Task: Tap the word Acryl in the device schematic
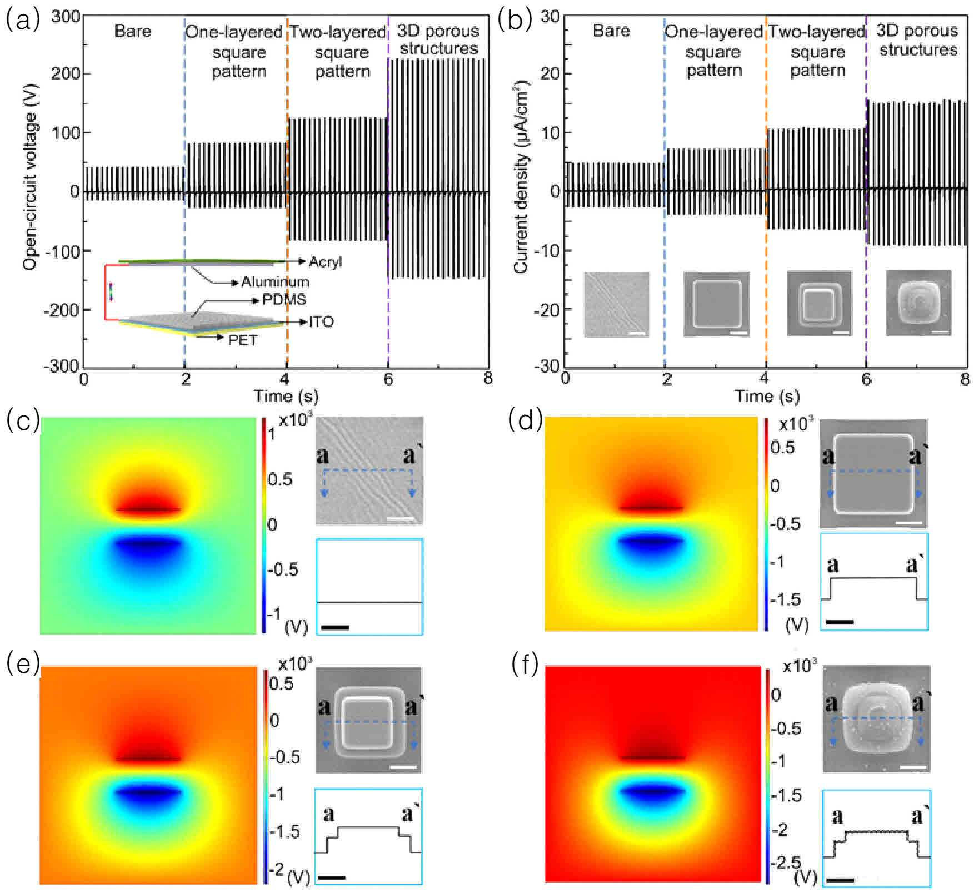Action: (x=326, y=261)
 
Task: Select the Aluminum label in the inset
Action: (x=275, y=282)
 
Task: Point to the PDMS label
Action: (x=284, y=300)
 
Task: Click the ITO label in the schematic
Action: (x=321, y=321)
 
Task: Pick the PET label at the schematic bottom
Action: (x=243, y=340)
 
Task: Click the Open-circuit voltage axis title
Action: (x=30, y=191)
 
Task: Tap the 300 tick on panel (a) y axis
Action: (x=66, y=16)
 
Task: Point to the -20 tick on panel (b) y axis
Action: (x=546, y=309)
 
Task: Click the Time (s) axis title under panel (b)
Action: (x=767, y=396)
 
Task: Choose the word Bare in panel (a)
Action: (x=133, y=31)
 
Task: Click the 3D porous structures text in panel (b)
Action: (x=917, y=40)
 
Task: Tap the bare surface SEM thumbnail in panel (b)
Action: (x=616, y=304)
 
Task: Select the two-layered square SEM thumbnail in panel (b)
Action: (x=819, y=304)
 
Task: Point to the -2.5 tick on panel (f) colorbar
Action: (x=786, y=863)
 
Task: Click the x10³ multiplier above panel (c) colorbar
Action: (x=294, y=420)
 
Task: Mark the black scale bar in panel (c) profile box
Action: (x=335, y=627)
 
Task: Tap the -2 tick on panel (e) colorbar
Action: (x=278, y=869)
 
